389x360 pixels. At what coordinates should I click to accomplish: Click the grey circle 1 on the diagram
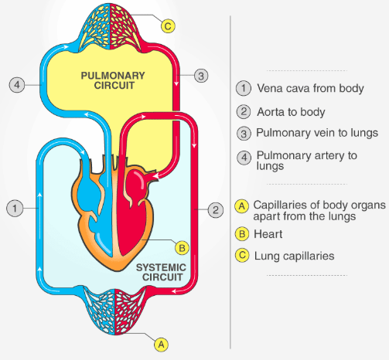[x=15, y=208]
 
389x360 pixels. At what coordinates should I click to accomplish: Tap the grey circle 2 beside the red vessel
[x=215, y=210]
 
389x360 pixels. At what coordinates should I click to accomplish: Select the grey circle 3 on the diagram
[x=201, y=76]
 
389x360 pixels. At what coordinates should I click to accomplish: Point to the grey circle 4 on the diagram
[x=17, y=85]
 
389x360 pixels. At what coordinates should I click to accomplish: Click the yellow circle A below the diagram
[x=162, y=345]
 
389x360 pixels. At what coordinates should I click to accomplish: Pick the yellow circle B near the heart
[x=182, y=248]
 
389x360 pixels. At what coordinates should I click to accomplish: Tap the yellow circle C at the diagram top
[x=168, y=26]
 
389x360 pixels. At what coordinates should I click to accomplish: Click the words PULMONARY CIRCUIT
[x=113, y=80]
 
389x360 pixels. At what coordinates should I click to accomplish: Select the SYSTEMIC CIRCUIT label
[x=161, y=272]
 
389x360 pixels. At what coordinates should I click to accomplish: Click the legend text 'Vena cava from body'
[x=310, y=88]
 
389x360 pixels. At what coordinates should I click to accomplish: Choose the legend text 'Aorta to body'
[x=291, y=112]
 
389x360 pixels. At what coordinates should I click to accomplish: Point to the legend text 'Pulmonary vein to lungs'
[x=317, y=133]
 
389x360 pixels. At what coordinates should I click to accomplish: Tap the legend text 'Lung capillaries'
[x=294, y=256]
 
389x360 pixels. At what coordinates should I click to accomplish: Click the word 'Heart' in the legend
[x=268, y=234]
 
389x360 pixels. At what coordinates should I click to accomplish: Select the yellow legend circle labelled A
[x=242, y=206]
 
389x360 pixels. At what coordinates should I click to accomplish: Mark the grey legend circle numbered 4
[x=244, y=158]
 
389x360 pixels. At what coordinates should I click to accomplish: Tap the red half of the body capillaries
[x=129, y=311]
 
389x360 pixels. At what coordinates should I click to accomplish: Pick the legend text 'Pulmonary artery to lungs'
[x=306, y=161]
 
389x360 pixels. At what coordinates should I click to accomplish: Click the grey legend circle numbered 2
[x=244, y=112]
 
